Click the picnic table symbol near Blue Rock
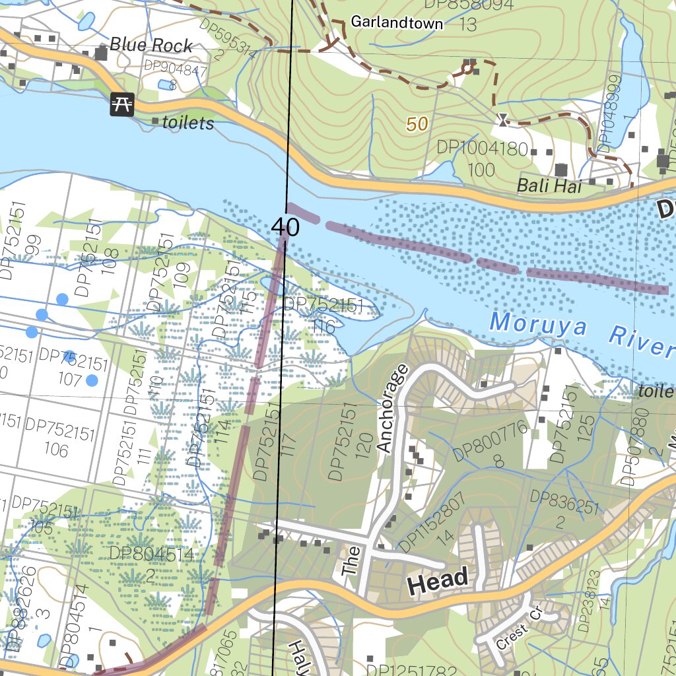[122, 104]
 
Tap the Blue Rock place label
[151, 45]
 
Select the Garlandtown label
[396, 22]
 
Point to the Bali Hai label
[549, 186]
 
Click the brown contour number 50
[417, 123]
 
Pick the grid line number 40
[285, 228]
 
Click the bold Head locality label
[438, 580]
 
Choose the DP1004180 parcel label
[482, 148]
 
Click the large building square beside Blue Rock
[102, 53]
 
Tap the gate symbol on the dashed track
[502, 119]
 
